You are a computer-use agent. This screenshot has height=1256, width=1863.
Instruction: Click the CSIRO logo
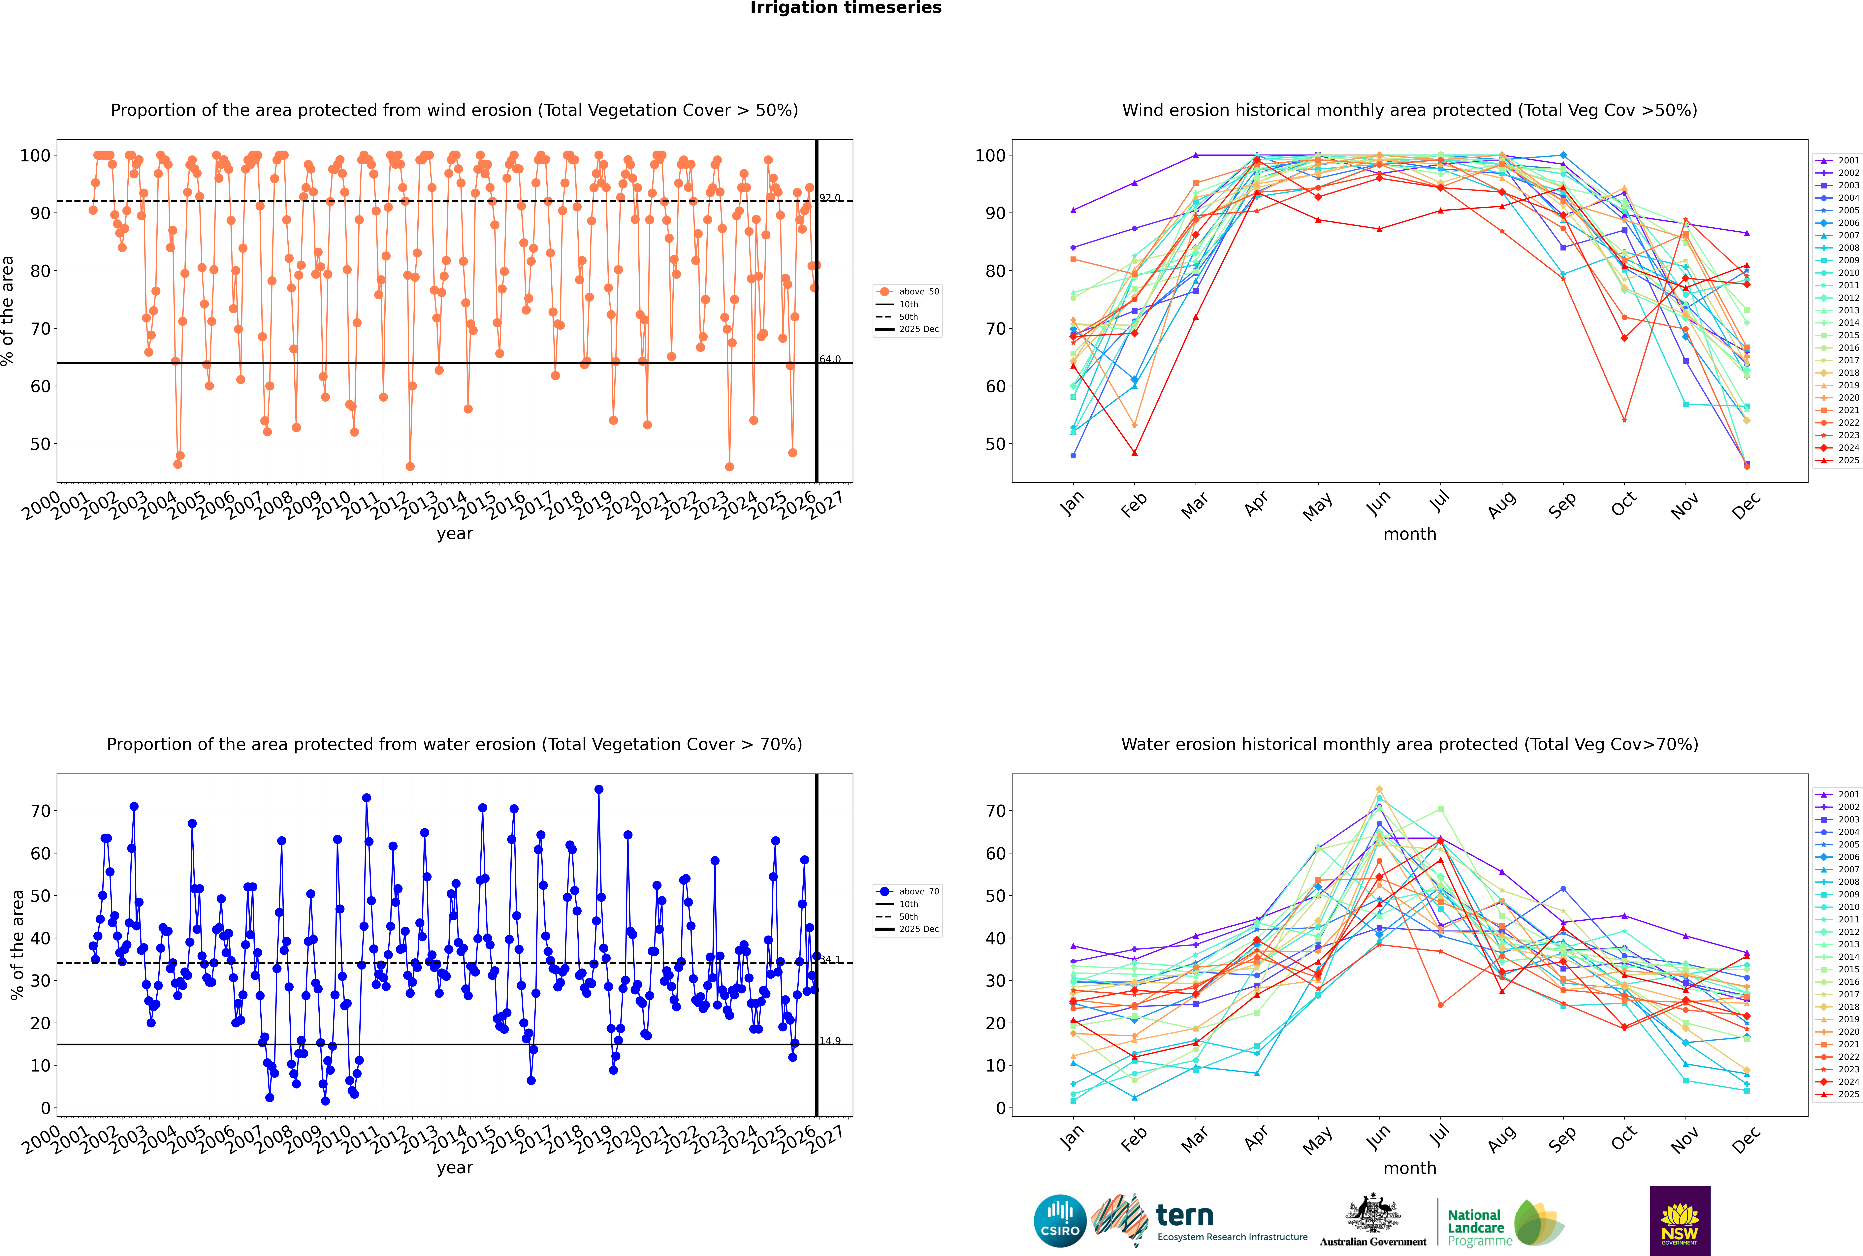pyautogui.click(x=1060, y=1221)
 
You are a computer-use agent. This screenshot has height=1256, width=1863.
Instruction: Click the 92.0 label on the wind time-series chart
pyautogui.click(x=830, y=198)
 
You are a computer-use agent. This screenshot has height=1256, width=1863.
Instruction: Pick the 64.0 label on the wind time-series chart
pyautogui.click(x=830, y=360)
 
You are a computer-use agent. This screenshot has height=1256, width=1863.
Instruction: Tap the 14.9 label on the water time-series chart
pyautogui.click(x=830, y=1041)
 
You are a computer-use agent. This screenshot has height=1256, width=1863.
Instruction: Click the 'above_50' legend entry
pyautogui.click(x=918, y=292)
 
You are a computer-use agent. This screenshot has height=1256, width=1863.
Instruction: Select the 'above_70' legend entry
pyautogui.click(x=918, y=892)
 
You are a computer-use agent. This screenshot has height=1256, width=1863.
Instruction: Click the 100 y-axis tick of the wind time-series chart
pyautogui.click(x=35, y=155)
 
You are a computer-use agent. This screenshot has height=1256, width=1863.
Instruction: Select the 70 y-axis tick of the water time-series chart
pyautogui.click(x=40, y=811)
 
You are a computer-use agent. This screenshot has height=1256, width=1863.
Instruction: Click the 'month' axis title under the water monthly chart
pyautogui.click(x=1410, y=1168)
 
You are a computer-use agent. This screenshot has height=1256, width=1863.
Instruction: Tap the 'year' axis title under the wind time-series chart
pyautogui.click(x=454, y=534)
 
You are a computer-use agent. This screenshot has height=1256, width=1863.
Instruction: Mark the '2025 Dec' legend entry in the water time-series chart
pyautogui.click(x=918, y=929)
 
